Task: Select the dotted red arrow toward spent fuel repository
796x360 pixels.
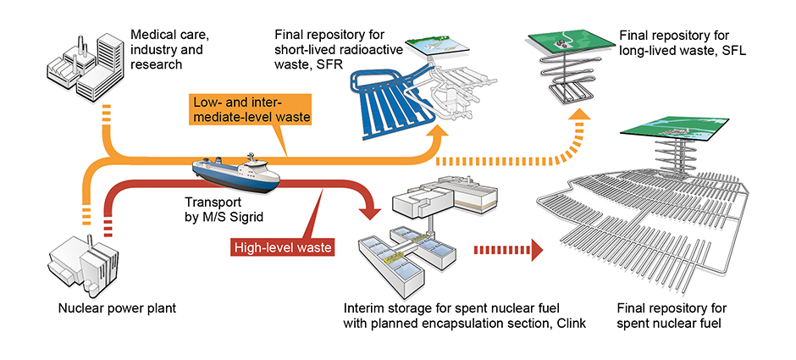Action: click(508, 249)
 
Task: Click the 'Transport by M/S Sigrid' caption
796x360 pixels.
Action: click(222, 210)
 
